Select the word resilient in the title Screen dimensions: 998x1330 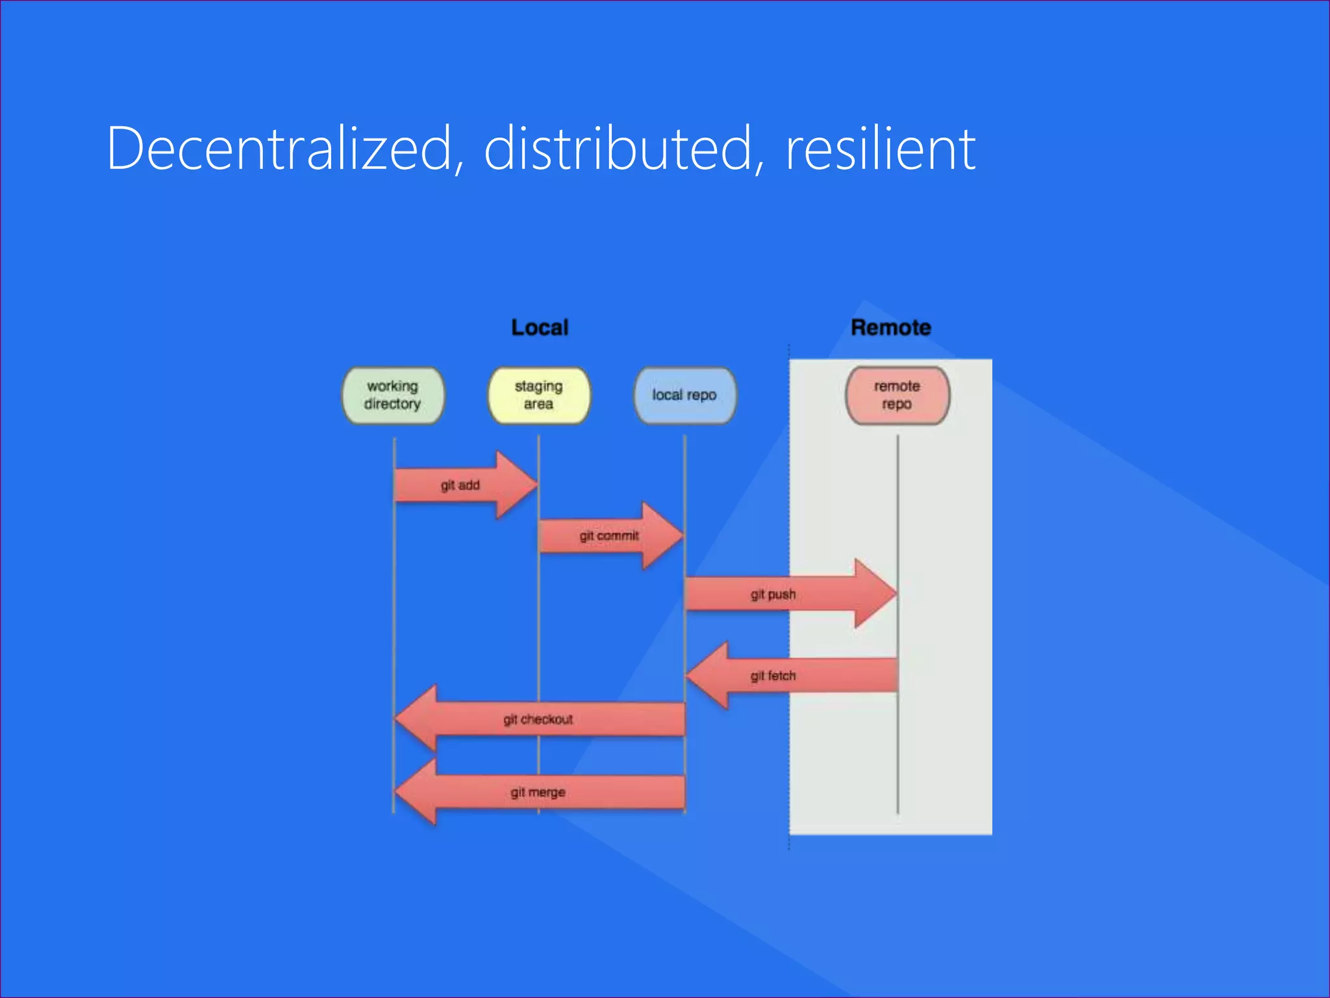[880, 149]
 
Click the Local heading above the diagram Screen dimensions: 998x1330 [540, 327]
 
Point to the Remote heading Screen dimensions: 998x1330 [890, 327]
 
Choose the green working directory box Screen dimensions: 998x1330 [393, 395]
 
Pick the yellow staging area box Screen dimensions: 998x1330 [539, 395]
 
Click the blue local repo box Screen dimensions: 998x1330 [684, 395]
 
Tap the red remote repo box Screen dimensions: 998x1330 [897, 395]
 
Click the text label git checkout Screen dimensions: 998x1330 [538, 719]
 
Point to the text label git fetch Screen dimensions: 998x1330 [773, 676]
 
